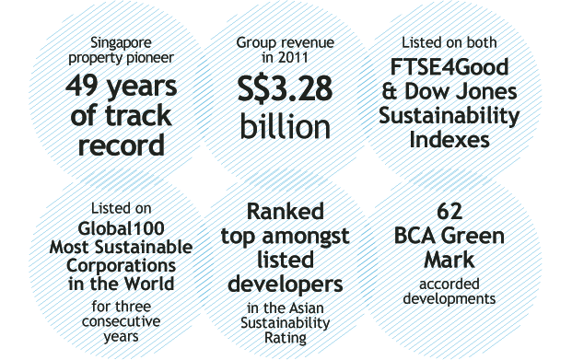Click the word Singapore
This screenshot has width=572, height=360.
click(x=121, y=43)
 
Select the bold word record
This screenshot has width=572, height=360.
click(x=121, y=145)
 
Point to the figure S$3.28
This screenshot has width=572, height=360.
click(x=285, y=88)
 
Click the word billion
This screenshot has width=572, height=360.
click(x=286, y=125)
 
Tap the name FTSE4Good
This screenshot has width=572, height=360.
click(x=449, y=67)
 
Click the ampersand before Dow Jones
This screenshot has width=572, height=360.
click(x=390, y=91)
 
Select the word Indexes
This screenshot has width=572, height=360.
click(x=449, y=140)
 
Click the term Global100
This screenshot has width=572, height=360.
click(x=121, y=228)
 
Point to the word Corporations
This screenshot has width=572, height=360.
click(x=121, y=266)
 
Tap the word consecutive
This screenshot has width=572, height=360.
click(x=121, y=321)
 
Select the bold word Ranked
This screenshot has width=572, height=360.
click(x=286, y=212)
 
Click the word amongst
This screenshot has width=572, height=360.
click(x=306, y=237)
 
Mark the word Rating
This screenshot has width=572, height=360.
click(x=286, y=338)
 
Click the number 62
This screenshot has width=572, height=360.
click(x=449, y=212)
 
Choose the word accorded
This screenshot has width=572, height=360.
click(x=449, y=285)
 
